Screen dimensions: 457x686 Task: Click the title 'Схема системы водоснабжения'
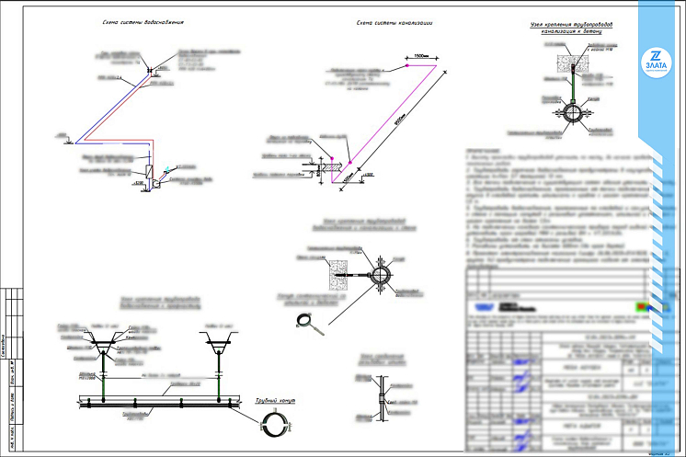[146, 21]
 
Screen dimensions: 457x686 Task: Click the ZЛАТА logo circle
[656, 58]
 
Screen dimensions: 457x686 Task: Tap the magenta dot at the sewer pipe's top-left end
[406, 67]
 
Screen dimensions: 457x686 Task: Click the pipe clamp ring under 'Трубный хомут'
[276, 425]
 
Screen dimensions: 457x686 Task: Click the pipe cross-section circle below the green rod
[571, 112]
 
